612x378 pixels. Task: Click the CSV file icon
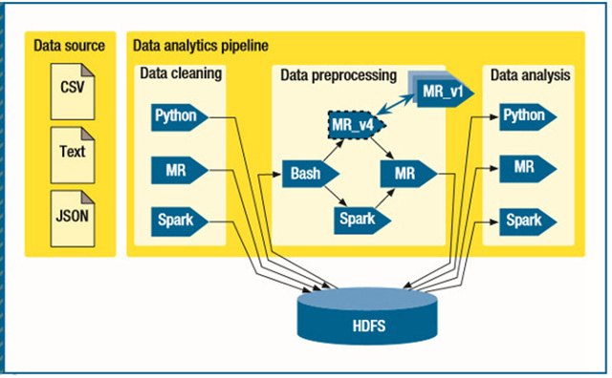tap(73, 92)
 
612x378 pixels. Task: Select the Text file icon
tap(73, 155)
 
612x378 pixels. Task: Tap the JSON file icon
tap(73, 219)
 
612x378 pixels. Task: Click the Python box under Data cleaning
tap(180, 116)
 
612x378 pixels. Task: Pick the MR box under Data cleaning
tap(180, 170)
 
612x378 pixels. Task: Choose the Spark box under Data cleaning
tap(180, 221)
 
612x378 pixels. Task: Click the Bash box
tap(310, 174)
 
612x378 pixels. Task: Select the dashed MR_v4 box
tap(357, 125)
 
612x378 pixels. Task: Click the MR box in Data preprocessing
tap(408, 174)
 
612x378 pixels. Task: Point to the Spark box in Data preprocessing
tap(362, 220)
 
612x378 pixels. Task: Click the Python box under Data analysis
tap(528, 116)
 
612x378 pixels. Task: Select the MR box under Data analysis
tap(528, 168)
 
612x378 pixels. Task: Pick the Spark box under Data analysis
tap(528, 221)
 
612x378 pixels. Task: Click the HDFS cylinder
tap(367, 316)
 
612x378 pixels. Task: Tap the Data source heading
tap(69, 46)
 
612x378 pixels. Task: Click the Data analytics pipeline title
tap(201, 46)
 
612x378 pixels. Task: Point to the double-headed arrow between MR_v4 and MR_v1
tap(397, 104)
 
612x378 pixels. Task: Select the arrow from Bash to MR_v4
tap(334, 151)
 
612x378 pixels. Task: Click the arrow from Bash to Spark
tap(336, 196)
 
